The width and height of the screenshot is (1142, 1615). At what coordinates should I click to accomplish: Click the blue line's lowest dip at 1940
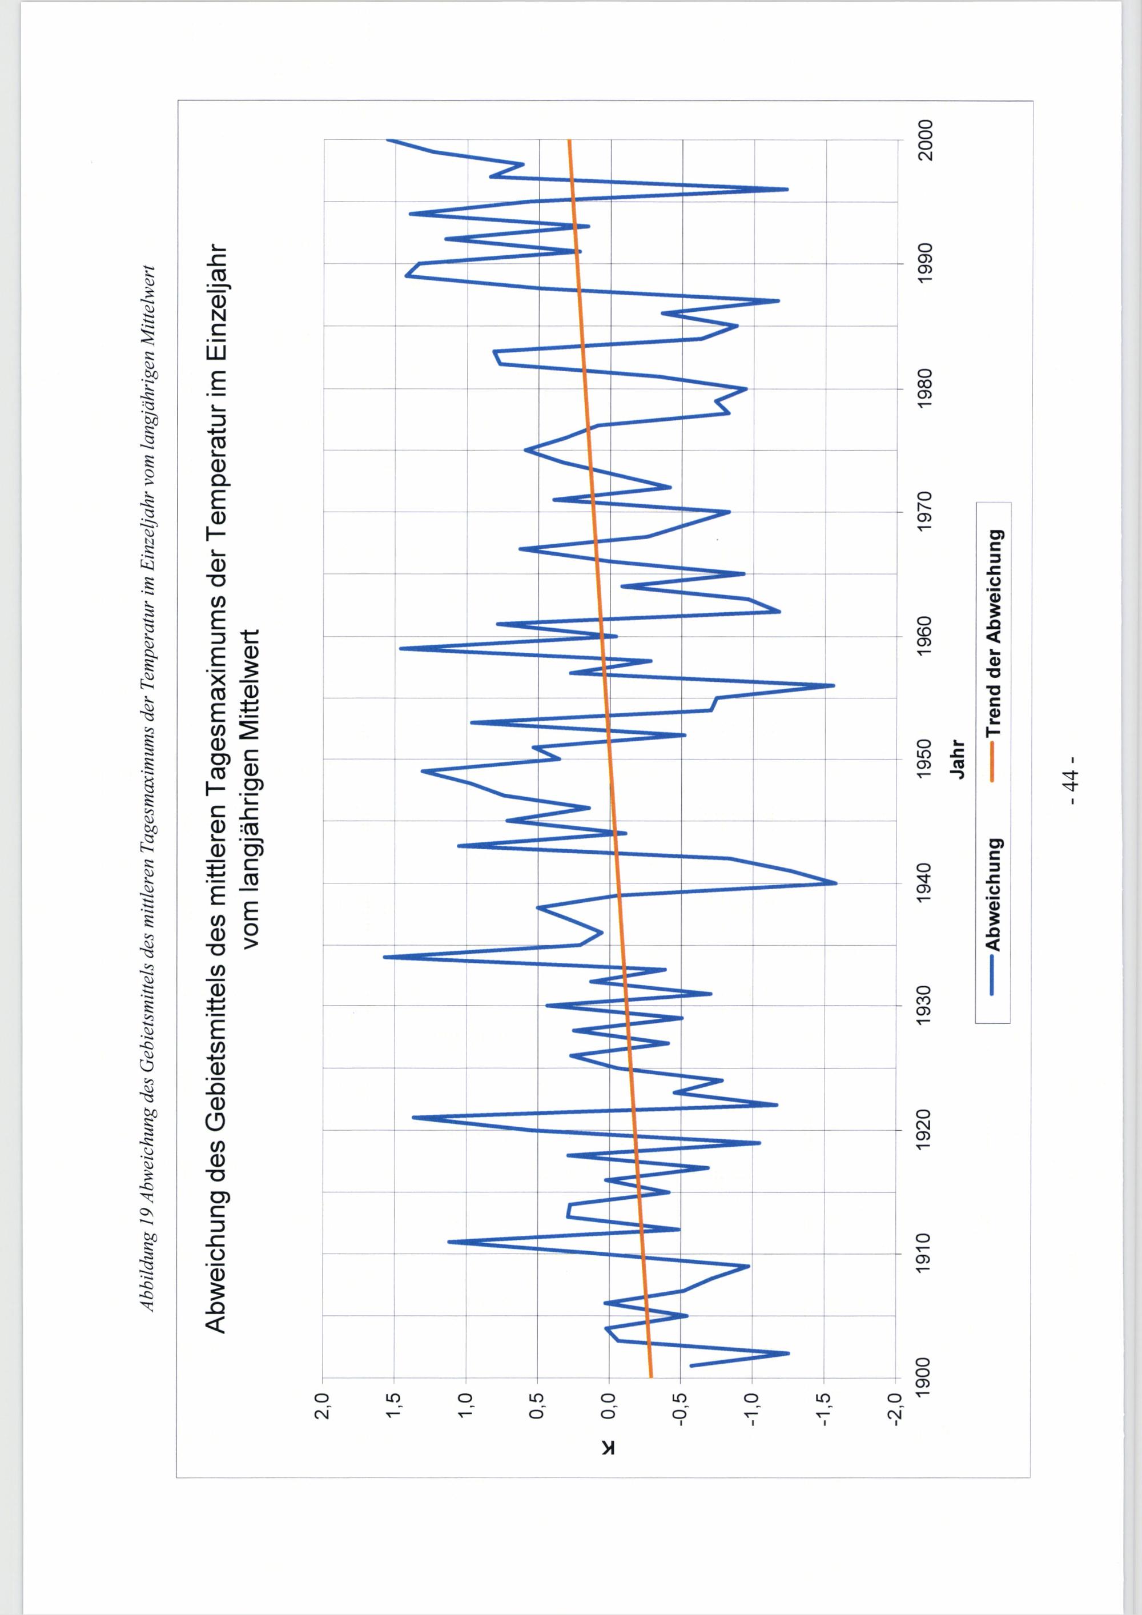coord(836,883)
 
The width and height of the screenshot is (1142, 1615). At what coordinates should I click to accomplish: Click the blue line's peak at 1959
coord(400,648)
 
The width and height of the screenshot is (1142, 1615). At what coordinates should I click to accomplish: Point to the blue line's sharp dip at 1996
coord(787,189)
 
